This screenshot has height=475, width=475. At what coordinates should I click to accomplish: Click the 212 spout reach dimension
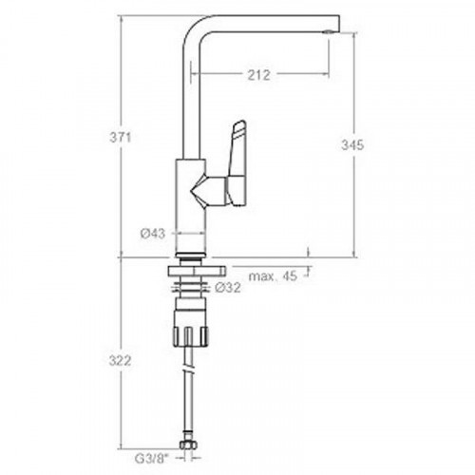[258, 75]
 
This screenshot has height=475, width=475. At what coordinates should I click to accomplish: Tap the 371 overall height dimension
[120, 138]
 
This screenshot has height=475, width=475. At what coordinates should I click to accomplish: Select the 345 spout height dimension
[352, 145]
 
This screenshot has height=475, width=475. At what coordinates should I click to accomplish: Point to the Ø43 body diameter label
[153, 234]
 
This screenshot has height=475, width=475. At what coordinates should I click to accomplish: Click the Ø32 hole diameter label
[228, 288]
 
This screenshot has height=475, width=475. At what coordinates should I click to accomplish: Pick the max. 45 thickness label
[273, 276]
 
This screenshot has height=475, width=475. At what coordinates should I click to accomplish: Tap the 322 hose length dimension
[120, 361]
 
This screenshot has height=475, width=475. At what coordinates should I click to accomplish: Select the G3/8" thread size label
[150, 459]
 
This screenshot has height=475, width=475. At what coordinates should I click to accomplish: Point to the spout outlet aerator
[328, 32]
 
